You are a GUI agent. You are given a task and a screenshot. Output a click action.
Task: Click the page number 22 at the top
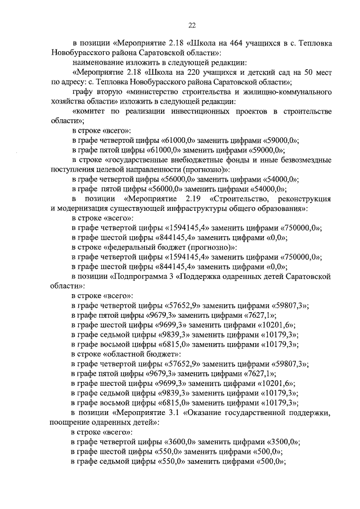pyautogui.click(x=192, y=25)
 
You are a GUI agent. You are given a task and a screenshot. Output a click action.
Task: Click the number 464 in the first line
pyautogui.click(x=235, y=43)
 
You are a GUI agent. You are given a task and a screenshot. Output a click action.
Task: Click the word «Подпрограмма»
pyautogui.click(x=141, y=277)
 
